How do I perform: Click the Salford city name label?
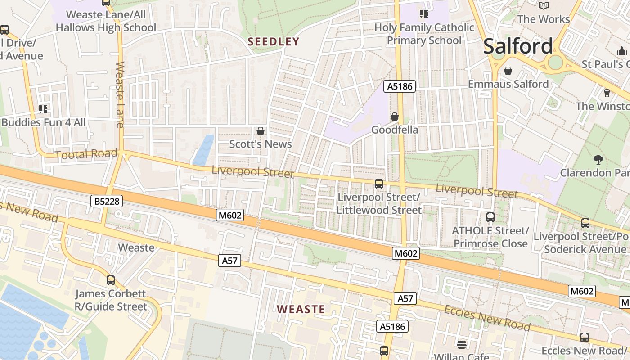[x=518, y=46]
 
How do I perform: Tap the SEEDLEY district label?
[x=274, y=42]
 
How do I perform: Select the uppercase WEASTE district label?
[x=301, y=309]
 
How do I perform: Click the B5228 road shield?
[x=107, y=201]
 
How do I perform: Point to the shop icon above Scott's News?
[x=260, y=131]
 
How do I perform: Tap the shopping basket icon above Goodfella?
[x=395, y=117]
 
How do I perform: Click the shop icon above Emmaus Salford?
[x=508, y=71]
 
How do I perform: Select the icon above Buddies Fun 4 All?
[x=43, y=109]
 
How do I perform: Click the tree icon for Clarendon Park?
[x=598, y=159]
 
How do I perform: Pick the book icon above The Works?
[x=544, y=5]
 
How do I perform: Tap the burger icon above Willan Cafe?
[x=461, y=344]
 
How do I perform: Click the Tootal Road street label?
[x=86, y=154]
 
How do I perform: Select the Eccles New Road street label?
[x=487, y=317]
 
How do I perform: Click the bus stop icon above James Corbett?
[x=111, y=280]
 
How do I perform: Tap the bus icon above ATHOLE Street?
[x=490, y=217]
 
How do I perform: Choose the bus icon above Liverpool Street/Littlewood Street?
[x=379, y=184]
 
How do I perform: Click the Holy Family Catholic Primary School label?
[x=424, y=34]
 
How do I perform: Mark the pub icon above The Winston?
[x=607, y=93]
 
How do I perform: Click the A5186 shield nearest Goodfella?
[x=399, y=86]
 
